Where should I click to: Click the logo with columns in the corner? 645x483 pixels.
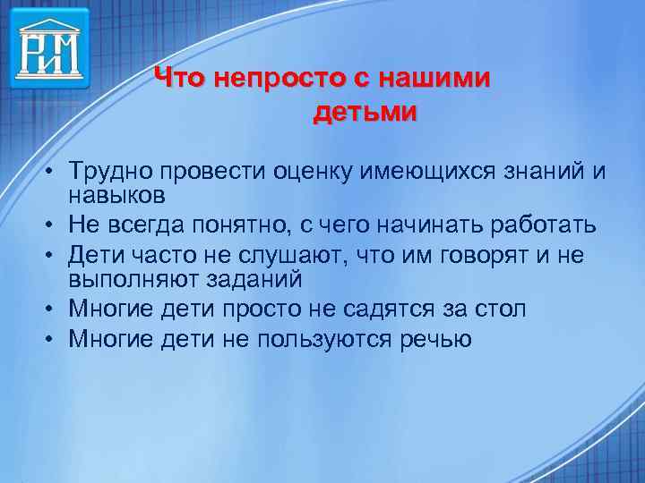(50, 47)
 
